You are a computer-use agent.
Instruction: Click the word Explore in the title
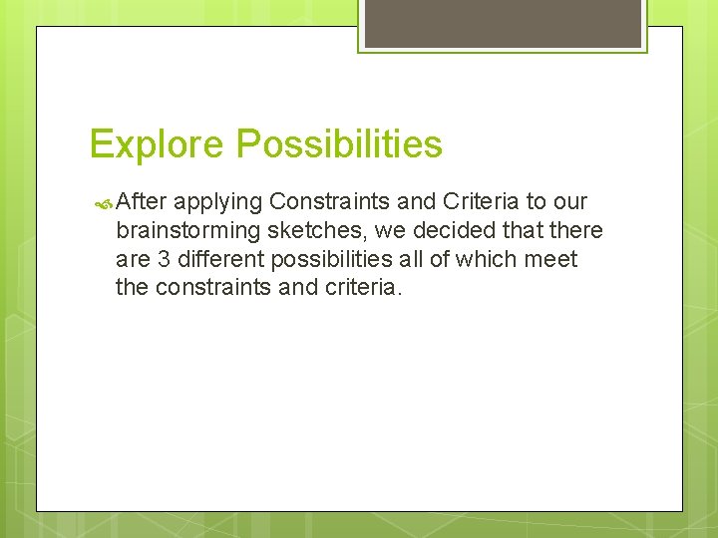tap(158, 145)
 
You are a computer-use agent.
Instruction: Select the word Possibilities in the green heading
tap(339, 145)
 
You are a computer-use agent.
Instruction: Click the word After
tap(141, 202)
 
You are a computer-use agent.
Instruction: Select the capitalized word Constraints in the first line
tap(331, 202)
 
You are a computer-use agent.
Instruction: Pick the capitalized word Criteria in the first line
tap(483, 202)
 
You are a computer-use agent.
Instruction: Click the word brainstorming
tap(186, 231)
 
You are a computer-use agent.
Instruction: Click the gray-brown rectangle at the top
tap(503, 23)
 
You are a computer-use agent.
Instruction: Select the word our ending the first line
tap(568, 202)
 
